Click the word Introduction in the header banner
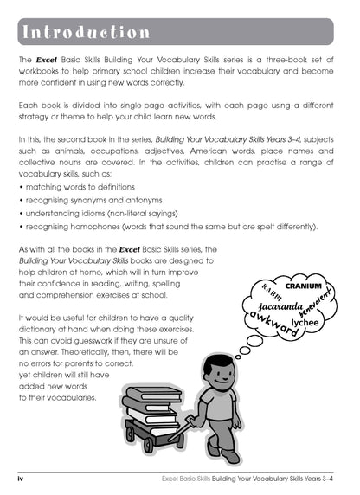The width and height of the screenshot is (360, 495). [85, 32]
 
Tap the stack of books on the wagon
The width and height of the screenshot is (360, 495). [152, 407]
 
